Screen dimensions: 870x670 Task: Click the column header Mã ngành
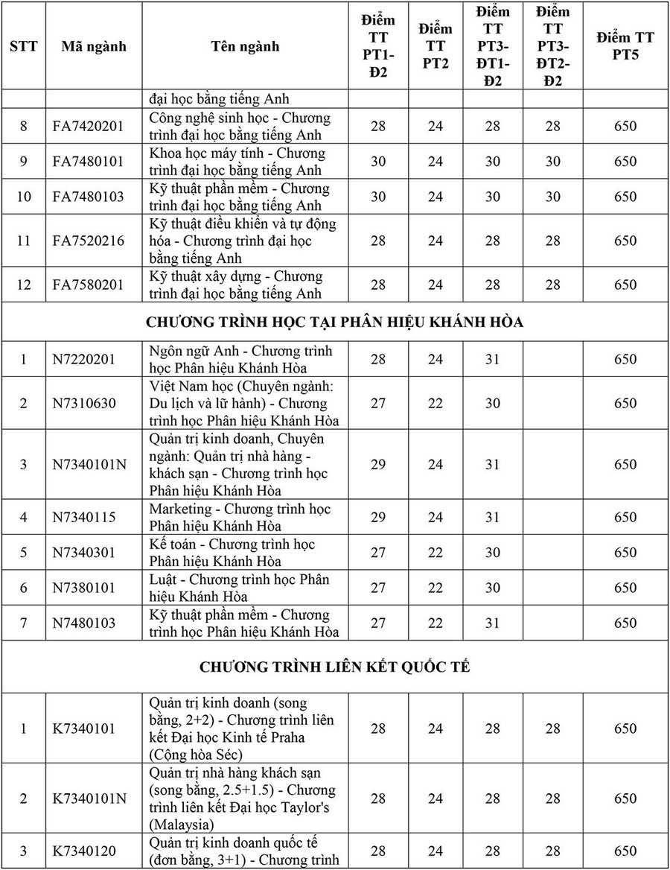point(94,46)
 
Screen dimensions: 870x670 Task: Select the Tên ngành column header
point(245,46)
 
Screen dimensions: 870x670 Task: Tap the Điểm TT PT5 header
point(625,46)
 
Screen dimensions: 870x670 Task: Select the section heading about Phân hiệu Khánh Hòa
point(334,322)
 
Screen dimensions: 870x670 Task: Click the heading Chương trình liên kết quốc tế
point(334,666)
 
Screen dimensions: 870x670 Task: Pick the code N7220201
point(84,359)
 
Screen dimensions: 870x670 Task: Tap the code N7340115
point(84,517)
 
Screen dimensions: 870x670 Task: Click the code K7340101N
point(89,798)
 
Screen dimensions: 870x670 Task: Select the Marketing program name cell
point(240,517)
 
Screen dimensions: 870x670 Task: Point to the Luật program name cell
point(240,588)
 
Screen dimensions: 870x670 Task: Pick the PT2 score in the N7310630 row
point(435,403)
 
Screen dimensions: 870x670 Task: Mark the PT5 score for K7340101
point(625,728)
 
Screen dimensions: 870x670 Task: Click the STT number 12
point(23,285)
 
